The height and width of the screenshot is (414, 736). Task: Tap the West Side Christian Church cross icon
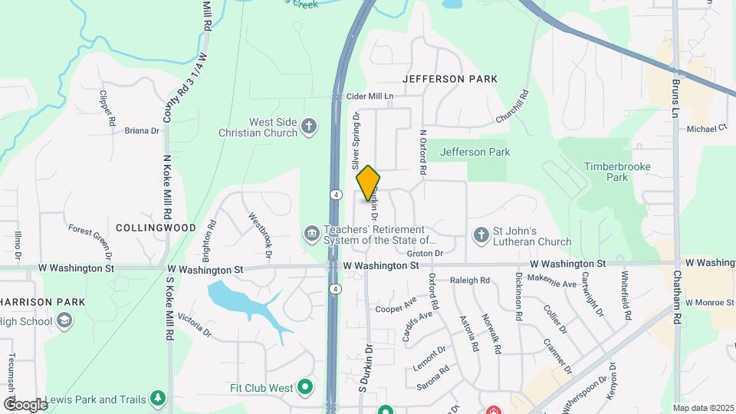(308, 126)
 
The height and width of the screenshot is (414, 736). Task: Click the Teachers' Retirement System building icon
(311, 232)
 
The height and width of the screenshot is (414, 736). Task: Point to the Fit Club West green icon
(305, 387)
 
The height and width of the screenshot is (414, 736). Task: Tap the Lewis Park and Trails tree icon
(157, 399)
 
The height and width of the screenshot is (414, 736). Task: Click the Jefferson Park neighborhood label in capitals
(450, 79)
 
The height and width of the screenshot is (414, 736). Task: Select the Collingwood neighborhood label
(156, 228)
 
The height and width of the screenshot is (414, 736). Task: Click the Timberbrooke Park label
(606, 172)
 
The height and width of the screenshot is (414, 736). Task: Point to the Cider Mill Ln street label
(370, 97)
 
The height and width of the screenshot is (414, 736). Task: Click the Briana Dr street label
(142, 131)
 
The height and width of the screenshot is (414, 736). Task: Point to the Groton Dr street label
(426, 253)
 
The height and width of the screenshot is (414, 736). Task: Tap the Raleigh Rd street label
(469, 281)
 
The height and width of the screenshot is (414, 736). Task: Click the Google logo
(25, 404)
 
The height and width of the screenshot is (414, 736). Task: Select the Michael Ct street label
(706, 129)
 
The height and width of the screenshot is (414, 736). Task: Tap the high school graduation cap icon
(64, 320)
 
